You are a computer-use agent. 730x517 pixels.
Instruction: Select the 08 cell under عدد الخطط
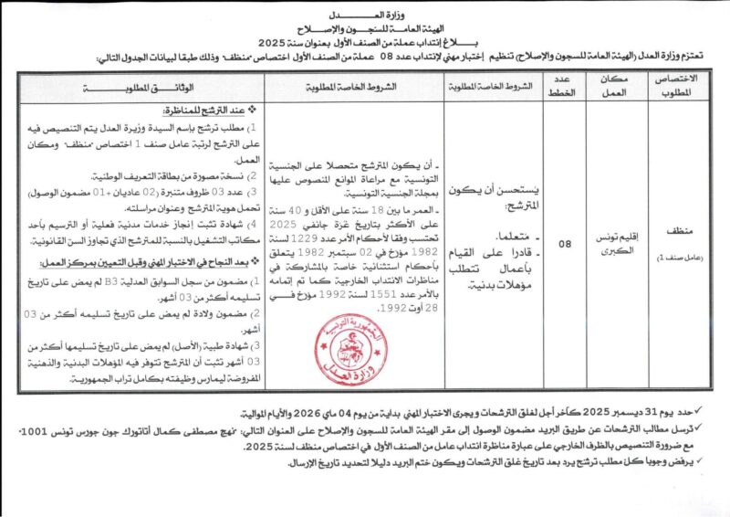(x=566, y=245)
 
